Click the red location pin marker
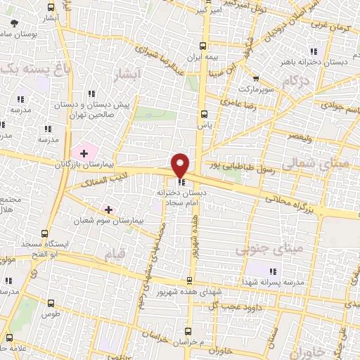tap(181, 165)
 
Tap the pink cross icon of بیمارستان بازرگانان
tap(84, 152)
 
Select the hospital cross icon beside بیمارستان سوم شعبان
tap(108, 209)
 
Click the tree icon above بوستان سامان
tap(15, 23)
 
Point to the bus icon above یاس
tap(204, 114)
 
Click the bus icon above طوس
tap(49, 304)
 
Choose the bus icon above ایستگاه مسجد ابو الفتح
tap(46, 233)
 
